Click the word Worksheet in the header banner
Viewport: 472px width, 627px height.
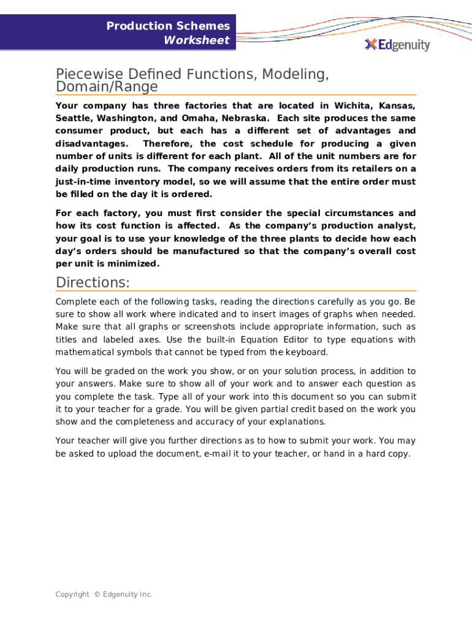point(196,40)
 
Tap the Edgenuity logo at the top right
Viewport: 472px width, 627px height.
point(397,45)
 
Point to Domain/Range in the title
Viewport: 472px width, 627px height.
point(107,87)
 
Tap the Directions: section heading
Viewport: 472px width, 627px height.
point(93,283)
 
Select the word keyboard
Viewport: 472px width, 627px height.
point(305,352)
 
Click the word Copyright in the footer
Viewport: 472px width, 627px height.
point(72,595)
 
